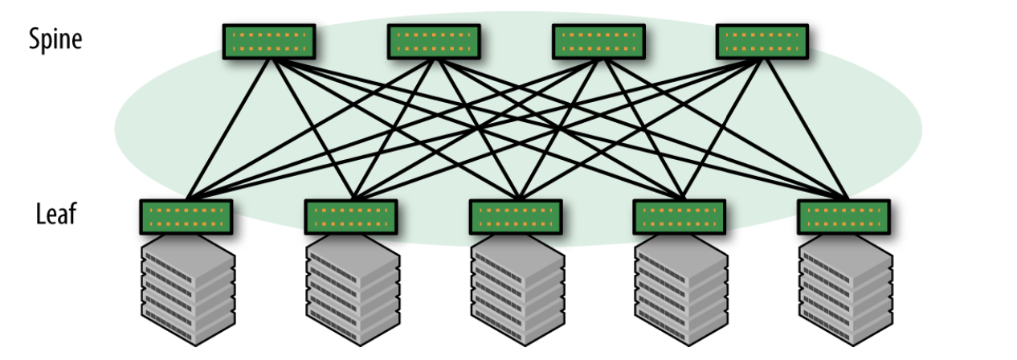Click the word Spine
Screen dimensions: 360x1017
[x=55, y=38]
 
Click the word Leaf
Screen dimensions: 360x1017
[x=56, y=214]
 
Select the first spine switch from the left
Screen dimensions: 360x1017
[x=269, y=42]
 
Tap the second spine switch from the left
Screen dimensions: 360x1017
[x=434, y=42]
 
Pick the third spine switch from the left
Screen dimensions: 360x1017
[x=598, y=42]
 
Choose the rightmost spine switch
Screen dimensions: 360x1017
[x=762, y=42]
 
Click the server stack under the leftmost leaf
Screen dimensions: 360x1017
[x=188, y=293]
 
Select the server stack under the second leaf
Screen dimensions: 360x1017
[x=353, y=293]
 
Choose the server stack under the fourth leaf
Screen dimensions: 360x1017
[x=681, y=293]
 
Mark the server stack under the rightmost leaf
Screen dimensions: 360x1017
[x=846, y=293]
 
